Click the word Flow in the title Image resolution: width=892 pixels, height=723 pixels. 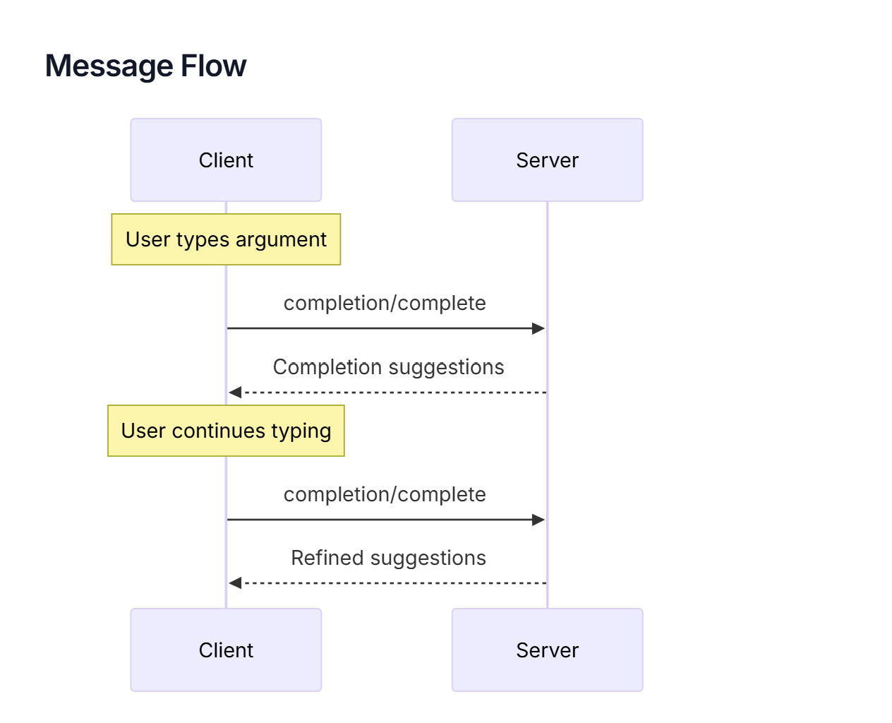[x=213, y=66]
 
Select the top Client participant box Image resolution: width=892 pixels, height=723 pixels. [x=226, y=160]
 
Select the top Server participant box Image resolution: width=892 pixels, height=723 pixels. [x=547, y=160]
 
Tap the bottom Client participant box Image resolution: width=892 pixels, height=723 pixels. [x=226, y=650]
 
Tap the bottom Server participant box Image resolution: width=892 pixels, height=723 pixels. [x=547, y=650]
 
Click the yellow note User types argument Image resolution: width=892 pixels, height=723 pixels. [x=226, y=239]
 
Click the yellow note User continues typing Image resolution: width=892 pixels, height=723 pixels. [x=226, y=431]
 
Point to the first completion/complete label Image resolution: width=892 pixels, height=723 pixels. [x=385, y=304]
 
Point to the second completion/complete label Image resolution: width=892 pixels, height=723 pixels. [x=385, y=495]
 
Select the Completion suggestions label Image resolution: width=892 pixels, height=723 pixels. [x=388, y=367]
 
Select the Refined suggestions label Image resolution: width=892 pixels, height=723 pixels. [x=388, y=558]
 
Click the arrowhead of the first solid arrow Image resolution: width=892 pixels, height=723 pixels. [x=538, y=328]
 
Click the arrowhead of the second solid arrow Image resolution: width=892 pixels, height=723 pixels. [x=538, y=520]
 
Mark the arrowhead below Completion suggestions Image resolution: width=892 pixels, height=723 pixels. [x=235, y=392]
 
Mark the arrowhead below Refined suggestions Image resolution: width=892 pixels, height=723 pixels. [x=235, y=583]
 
